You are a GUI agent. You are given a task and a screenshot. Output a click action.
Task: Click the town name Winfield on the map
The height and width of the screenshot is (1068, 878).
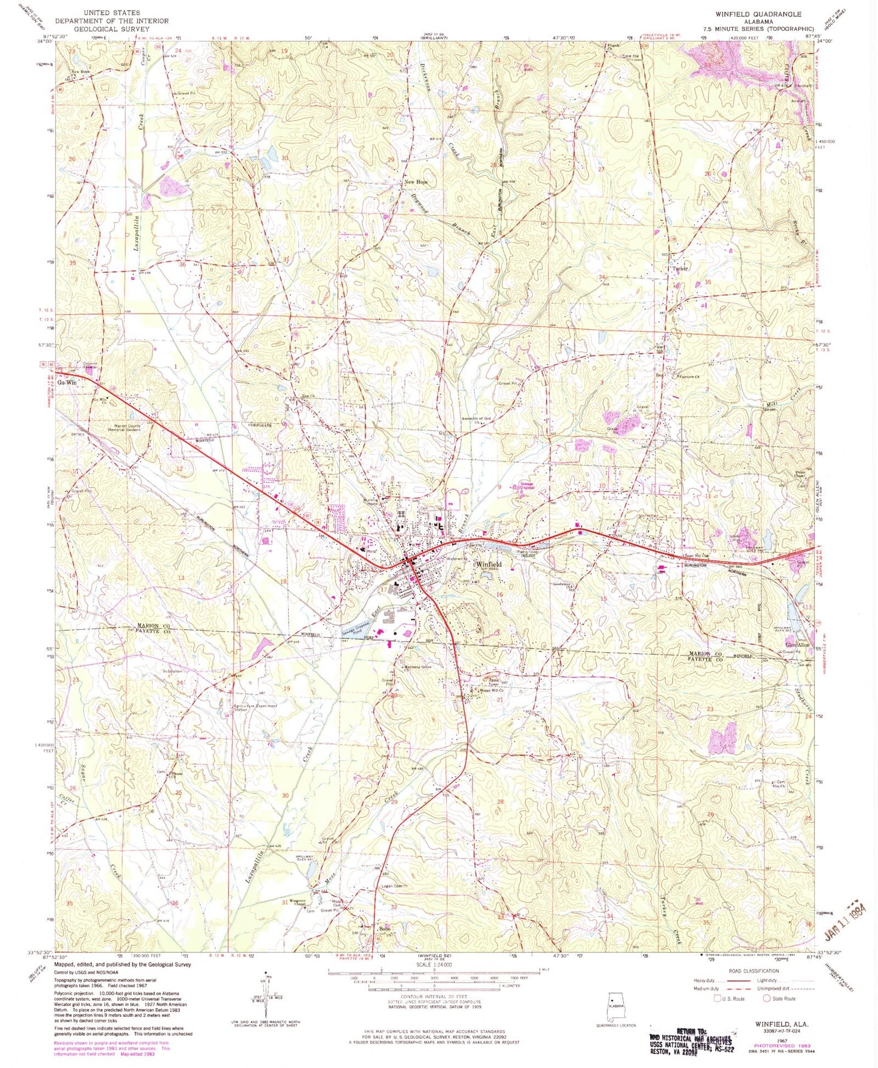coord(489,563)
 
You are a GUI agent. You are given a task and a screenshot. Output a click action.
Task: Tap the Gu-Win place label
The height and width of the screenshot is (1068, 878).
coord(68,383)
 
